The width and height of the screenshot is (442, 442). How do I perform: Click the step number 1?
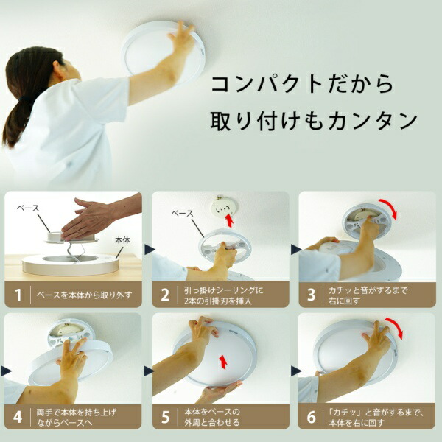[x=18, y=295]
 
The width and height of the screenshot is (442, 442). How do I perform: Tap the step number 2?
[x=165, y=295]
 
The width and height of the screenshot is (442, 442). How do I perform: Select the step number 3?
[x=311, y=295]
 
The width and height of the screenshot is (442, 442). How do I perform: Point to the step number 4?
[x=18, y=417]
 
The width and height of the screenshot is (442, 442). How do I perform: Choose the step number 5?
[x=165, y=417]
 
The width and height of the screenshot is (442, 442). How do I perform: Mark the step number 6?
[x=311, y=417]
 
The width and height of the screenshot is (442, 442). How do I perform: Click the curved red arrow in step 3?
[x=390, y=206]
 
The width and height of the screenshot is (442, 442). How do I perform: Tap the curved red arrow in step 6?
[x=397, y=325]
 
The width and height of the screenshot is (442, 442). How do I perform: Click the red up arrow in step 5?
[x=223, y=362]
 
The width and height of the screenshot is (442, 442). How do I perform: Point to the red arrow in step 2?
[x=230, y=220]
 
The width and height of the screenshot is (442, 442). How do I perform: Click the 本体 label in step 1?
[x=122, y=240]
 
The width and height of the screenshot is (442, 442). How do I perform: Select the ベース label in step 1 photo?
[x=27, y=208]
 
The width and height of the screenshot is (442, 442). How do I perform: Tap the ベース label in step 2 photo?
[x=183, y=214]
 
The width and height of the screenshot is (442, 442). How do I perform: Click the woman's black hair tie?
[x=26, y=99]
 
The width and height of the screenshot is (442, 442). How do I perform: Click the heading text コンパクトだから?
[x=302, y=84]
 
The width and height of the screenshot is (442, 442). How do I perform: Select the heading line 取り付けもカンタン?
[x=314, y=121]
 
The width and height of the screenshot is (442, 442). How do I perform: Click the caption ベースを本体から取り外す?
[x=84, y=295]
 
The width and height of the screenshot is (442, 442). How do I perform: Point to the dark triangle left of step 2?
[x=150, y=250]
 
